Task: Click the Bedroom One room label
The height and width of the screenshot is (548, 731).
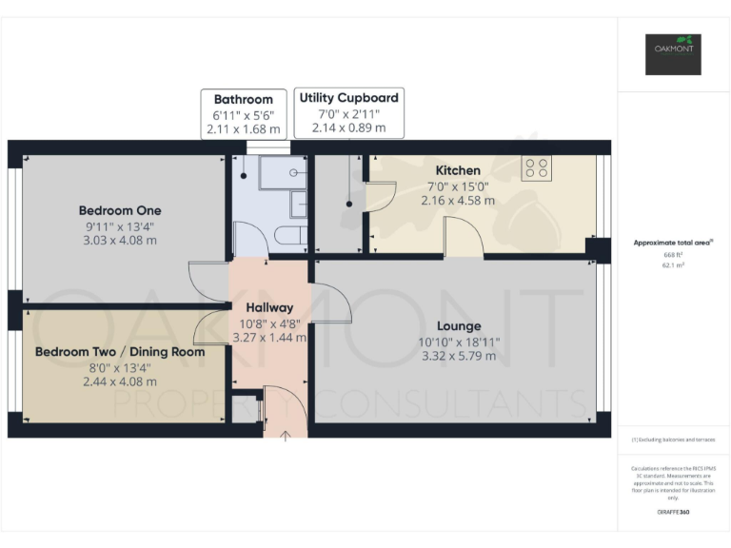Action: pyautogui.click(x=120, y=210)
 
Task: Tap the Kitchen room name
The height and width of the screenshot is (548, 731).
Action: pyautogui.click(x=458, y=170)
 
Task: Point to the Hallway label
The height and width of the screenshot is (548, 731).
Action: pyautogui.click(x=269, y=307)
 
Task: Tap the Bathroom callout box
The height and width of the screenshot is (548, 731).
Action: pyautogui.click(x=244, y=113)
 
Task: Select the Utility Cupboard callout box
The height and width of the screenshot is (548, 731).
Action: pyautogui.click(x=349, y=111)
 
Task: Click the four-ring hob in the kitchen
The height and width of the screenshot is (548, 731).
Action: pyautogui.click(x=537, y=168)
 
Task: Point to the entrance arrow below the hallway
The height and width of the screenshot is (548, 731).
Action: pyautogui.click(x=287, y=435)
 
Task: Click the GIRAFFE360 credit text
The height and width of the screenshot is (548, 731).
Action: pyautogui.click(x=674, y=513)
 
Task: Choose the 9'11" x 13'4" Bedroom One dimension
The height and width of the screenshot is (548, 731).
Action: pyautogui.click(x=120, y=225)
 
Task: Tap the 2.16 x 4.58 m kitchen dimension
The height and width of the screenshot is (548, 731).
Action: pyautogui.click(x=458, y=201)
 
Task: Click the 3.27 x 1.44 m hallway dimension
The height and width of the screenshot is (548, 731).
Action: pyautogui.click(x=269, y=337)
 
